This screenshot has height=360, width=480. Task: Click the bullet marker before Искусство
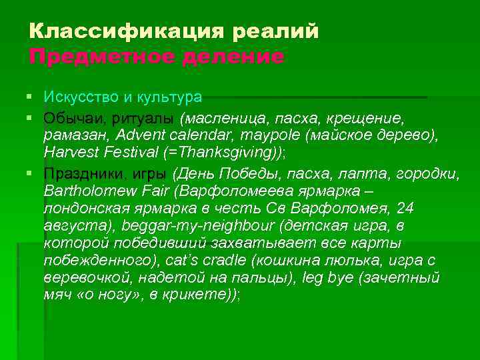(33, 97)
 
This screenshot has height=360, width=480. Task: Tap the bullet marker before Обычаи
(33, 118)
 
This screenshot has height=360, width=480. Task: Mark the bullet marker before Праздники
(33, 174)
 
